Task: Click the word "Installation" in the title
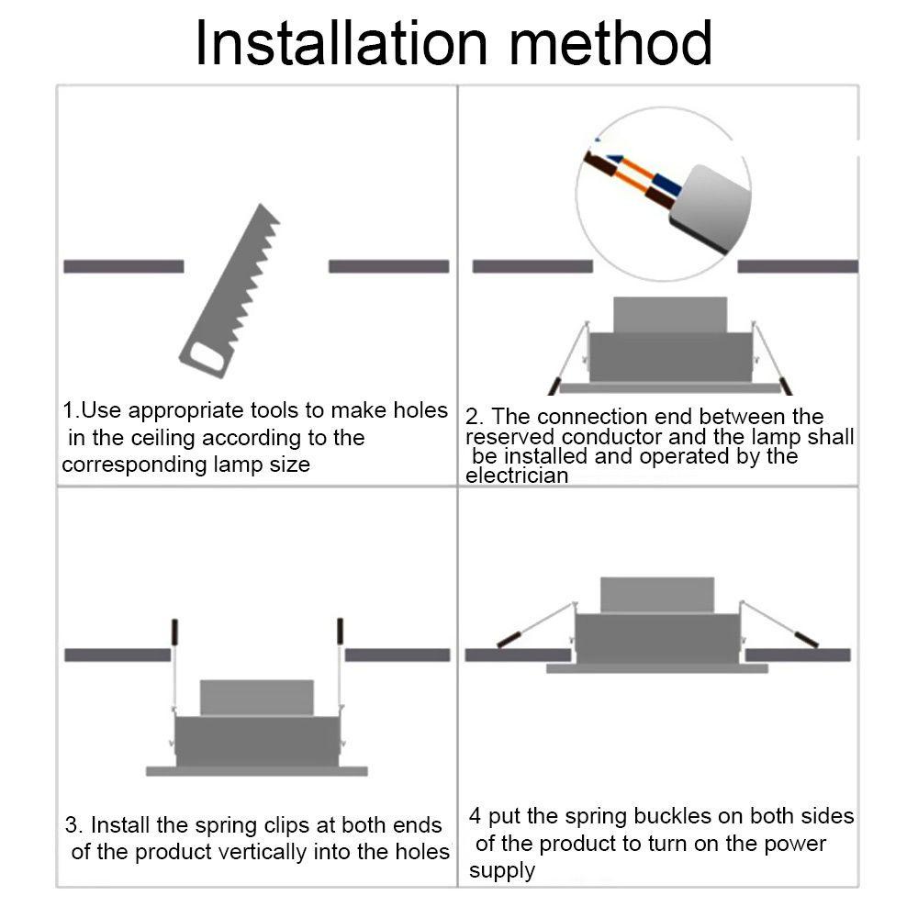coord(341,43)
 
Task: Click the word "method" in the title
coord(610,43)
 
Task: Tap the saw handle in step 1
coord(206,356)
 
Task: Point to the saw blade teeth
coord(258,275)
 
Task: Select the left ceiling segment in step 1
coord(124,266)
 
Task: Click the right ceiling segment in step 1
coord(388,266)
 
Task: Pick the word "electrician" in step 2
coord(517,476)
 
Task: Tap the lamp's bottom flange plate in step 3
coord(256,771)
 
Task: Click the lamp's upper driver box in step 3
coord(256,698)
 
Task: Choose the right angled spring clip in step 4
coord(778,624)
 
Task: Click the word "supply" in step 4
coord(502,870)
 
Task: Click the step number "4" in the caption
coord(475,816)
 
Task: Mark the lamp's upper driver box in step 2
coord(670,314)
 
